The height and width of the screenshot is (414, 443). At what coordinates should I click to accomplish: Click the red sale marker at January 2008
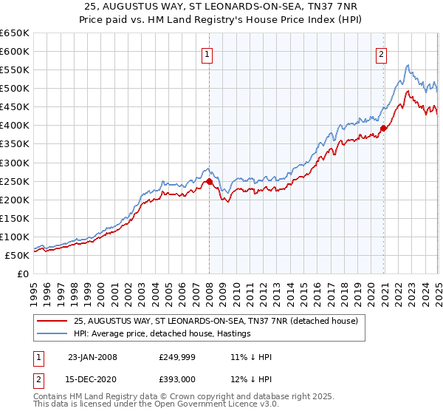(209, 181)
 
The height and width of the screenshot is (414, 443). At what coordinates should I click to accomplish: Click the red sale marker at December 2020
(384, 128)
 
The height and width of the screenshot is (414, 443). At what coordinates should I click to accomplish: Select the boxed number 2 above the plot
(381, 53)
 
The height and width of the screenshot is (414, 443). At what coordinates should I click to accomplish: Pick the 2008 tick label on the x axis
(209, 289)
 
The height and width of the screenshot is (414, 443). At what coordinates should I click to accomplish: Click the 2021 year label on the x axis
(384, 289)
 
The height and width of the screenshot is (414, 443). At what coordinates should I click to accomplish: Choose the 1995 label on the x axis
(34, 289)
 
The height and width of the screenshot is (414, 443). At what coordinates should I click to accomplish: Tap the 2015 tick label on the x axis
(303, 289)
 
